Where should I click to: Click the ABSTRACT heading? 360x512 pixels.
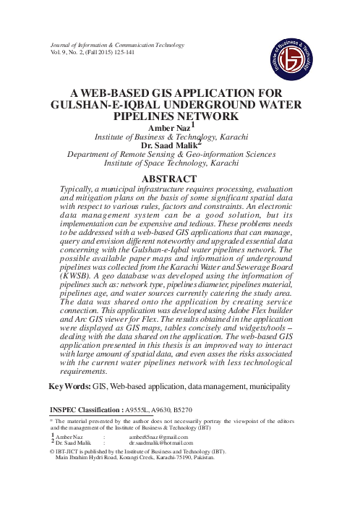click(179, 178)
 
